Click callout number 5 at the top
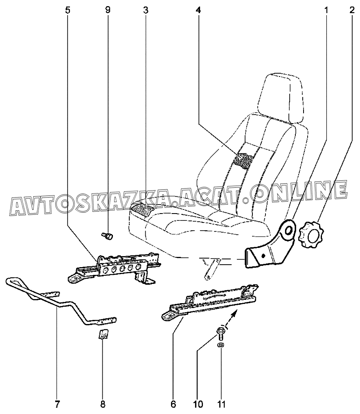point(68,10)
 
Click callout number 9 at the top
point(108,10)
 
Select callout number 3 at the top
point(146,10)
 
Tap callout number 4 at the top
point(198,10)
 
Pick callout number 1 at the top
point(326,10)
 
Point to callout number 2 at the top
point(352,10)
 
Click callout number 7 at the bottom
point(57,405)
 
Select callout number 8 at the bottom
point(103,405)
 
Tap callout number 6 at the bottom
point(173,405)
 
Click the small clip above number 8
point(102,334)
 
